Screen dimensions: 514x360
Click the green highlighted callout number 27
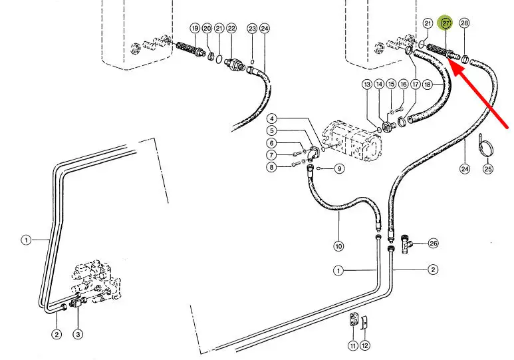446,23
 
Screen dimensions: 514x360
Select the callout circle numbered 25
488,168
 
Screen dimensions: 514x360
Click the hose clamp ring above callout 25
485,145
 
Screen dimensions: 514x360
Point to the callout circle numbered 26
434,243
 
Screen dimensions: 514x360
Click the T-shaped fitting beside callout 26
406,244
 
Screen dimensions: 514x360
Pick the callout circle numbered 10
338,246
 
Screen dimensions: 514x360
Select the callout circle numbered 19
195,28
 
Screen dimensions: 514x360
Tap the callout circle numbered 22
231,28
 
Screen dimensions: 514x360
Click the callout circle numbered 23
252,29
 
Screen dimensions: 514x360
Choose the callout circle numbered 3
78,335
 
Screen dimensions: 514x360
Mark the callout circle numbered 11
353,345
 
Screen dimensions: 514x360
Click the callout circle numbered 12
365,345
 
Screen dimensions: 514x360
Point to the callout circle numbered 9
339,168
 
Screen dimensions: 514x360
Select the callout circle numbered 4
271,118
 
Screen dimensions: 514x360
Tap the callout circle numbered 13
367,85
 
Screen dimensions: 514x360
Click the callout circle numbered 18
428,85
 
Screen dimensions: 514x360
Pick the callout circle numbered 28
464,23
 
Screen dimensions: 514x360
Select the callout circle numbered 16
403,85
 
